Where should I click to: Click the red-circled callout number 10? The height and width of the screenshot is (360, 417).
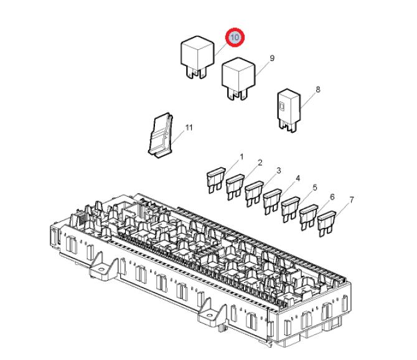tap(235, 37)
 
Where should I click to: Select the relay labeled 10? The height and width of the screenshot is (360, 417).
tap(197, 57)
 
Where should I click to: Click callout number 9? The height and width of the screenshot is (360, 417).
tap(272, 58)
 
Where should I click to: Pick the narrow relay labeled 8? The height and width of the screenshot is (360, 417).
tap(289, 110)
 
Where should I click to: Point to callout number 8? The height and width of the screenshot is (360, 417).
tap(318, 90)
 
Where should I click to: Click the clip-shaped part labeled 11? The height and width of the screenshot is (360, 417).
tap(160, 135)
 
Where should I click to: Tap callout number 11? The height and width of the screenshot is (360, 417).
tap(189, 128)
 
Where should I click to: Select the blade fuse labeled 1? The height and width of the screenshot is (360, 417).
tap(216, 180)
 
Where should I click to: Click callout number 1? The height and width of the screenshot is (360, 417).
tap(241, 157)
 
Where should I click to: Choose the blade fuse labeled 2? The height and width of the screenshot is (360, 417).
tap(235, 187)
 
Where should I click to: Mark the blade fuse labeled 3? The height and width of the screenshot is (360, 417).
tap(254, 194)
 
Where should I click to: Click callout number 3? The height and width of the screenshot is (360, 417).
tap(279, 170)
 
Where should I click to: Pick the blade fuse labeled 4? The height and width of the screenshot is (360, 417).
tap(272, 201)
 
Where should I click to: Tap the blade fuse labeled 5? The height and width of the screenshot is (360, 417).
tap(291, 209)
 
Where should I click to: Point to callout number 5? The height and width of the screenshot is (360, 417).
tap(315, 187)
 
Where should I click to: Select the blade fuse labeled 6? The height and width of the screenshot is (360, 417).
tap(309, 217)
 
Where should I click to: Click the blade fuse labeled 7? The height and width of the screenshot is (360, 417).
tap(327, 224)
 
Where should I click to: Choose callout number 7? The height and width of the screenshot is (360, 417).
tap(352, 199)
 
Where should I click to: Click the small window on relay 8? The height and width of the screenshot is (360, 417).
tap(282, 107)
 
